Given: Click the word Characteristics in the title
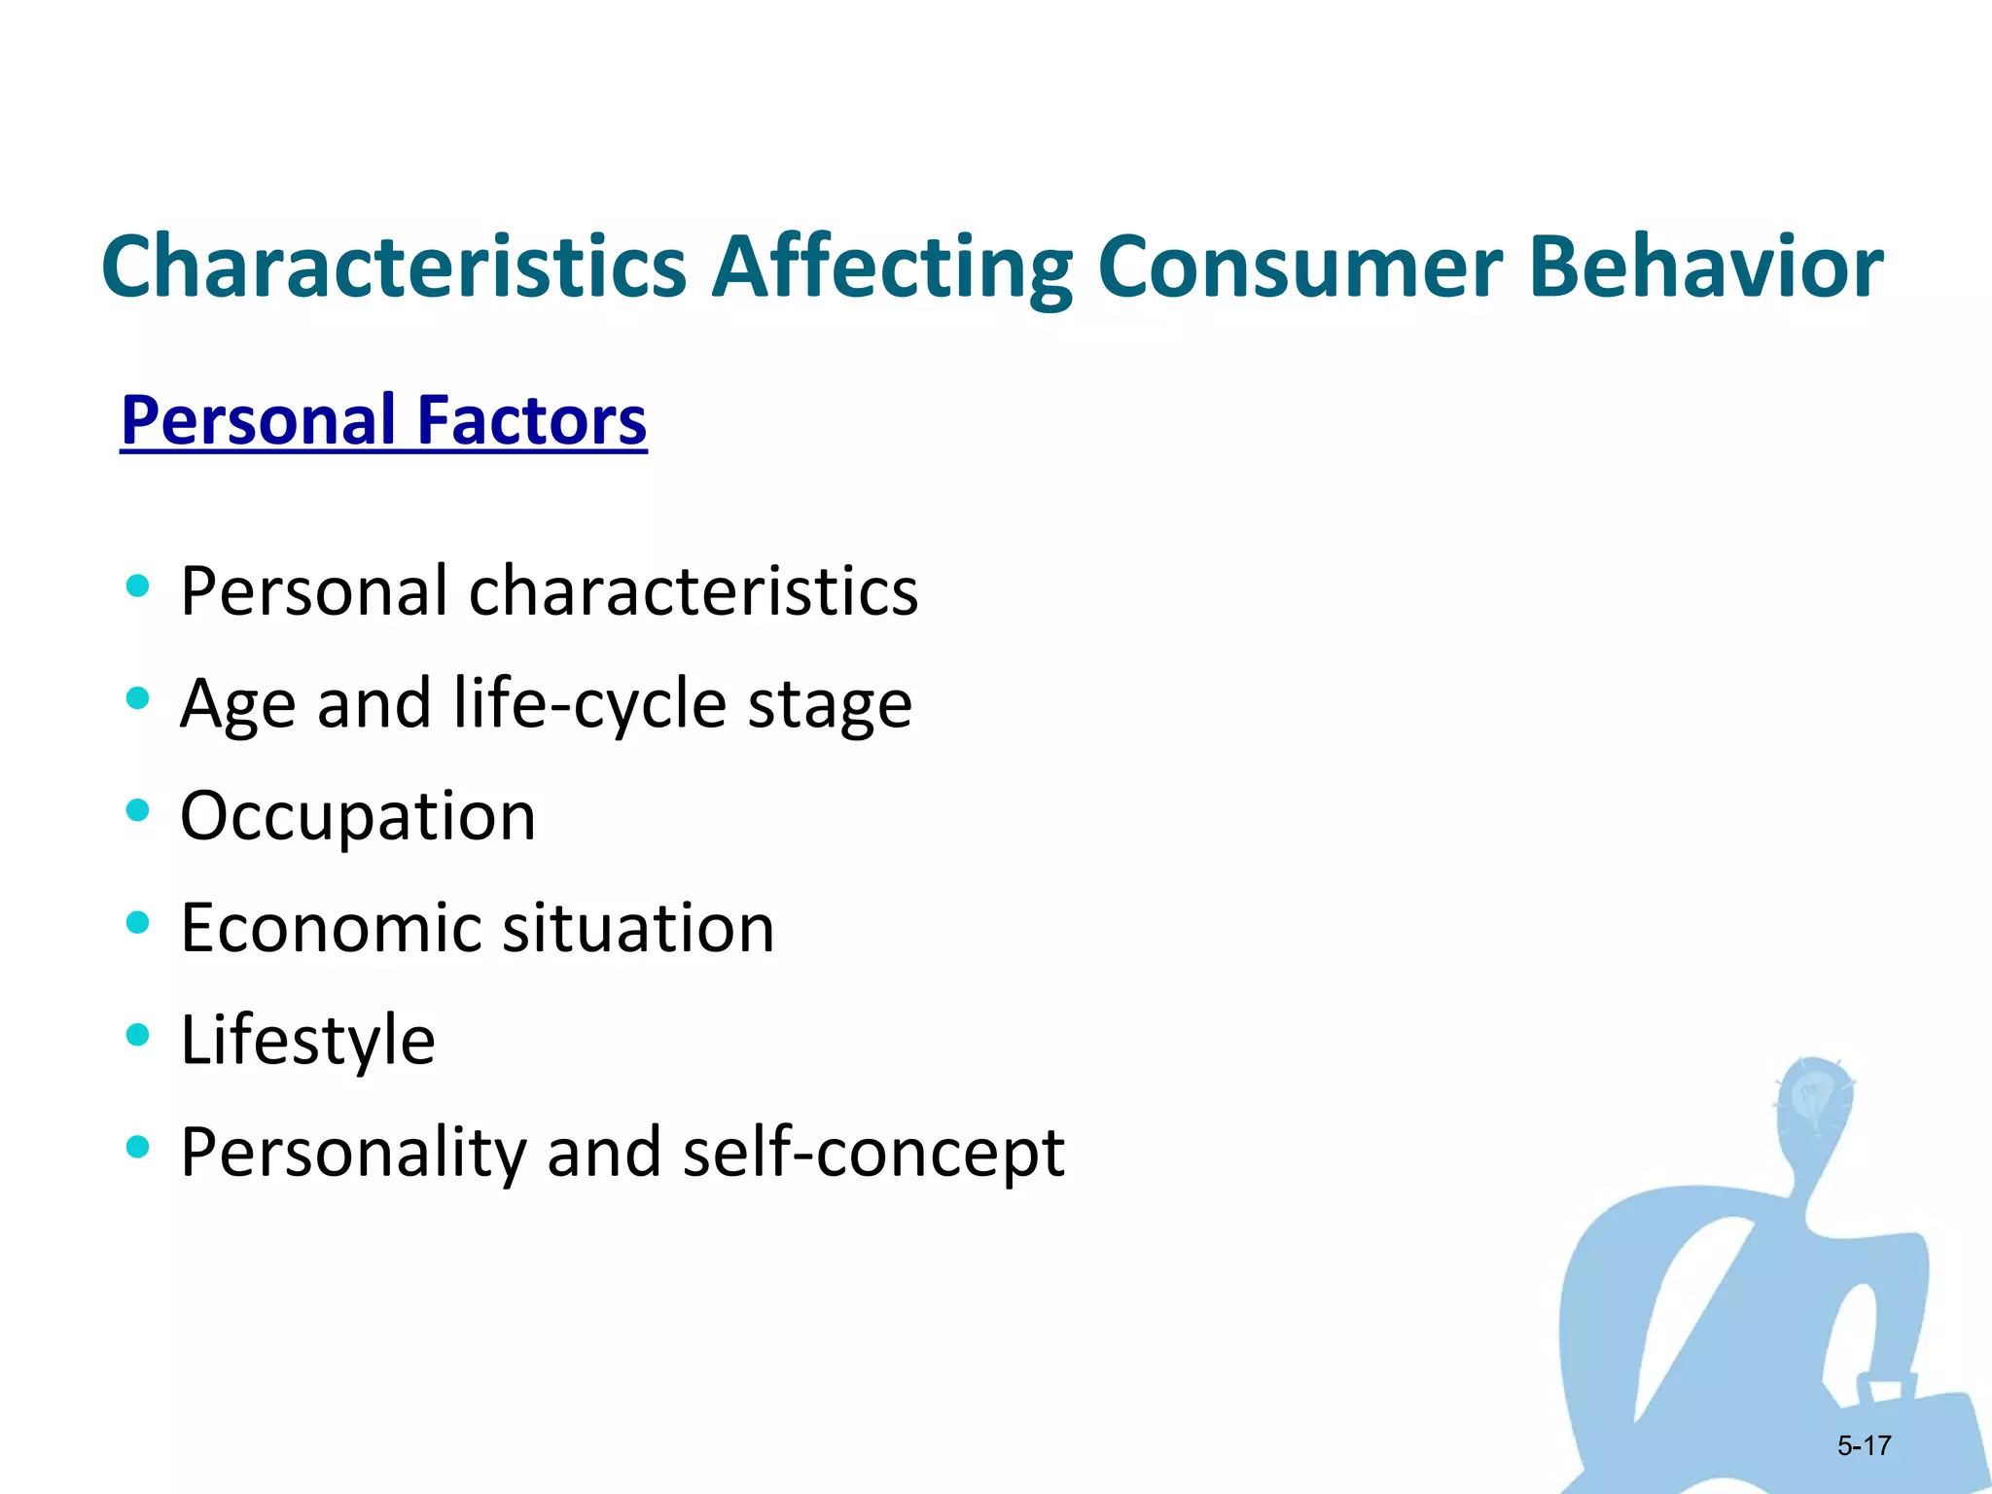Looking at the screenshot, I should tap(393, 267).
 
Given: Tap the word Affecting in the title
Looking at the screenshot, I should tap(891, 268).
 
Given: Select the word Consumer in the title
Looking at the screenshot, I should tap(1298, 268).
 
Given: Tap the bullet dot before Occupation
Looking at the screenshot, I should tap(137, 809).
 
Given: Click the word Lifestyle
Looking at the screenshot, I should tap(307, 1040).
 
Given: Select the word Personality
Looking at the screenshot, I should tap(352, 1153).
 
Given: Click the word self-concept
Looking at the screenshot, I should tap(872, 1153).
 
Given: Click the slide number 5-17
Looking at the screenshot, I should tap(1863, 1445).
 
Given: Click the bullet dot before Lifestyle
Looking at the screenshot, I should tap(137, 1034).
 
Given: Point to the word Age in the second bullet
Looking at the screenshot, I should tap(237, 705).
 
